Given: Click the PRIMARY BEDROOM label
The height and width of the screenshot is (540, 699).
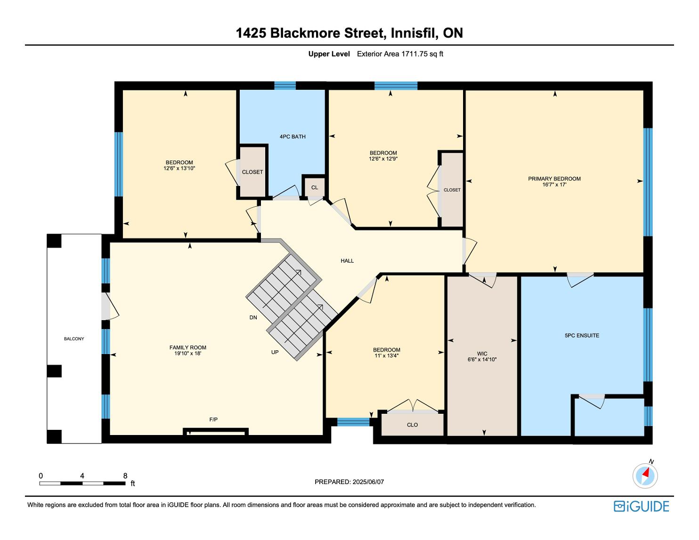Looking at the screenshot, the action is [554, 179].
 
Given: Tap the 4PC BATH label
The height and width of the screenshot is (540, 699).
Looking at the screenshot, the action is [293, 137].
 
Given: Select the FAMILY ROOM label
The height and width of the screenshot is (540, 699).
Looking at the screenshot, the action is [188, 347].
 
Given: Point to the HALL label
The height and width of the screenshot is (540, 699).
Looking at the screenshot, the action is [347, 261].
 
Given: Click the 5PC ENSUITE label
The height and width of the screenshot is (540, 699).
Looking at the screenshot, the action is [582, 336].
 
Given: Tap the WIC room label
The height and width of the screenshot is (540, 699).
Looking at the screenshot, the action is [482, 354].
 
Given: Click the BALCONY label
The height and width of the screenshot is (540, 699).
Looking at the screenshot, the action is [74, 339].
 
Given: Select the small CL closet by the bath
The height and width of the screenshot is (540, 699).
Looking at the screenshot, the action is [314, 187].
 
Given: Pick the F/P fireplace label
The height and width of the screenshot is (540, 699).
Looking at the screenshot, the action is [213, 419].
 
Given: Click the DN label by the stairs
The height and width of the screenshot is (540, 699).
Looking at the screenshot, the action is [253, 318].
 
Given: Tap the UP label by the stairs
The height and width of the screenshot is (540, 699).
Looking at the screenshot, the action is [275, 352].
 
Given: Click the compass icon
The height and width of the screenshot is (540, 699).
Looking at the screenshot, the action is [645, 476].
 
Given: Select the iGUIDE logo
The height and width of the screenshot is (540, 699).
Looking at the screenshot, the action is [641, 506].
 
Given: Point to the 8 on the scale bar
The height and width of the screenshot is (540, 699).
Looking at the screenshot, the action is [125, 476].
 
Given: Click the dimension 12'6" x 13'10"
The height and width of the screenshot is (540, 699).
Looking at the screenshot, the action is [179, 168].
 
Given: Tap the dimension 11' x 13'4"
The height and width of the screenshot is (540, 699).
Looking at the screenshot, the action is [386, 356].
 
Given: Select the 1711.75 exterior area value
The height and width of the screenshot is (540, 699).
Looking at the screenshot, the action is [415, 54].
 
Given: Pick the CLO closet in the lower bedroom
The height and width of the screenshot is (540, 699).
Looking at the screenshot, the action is [412, 425].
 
